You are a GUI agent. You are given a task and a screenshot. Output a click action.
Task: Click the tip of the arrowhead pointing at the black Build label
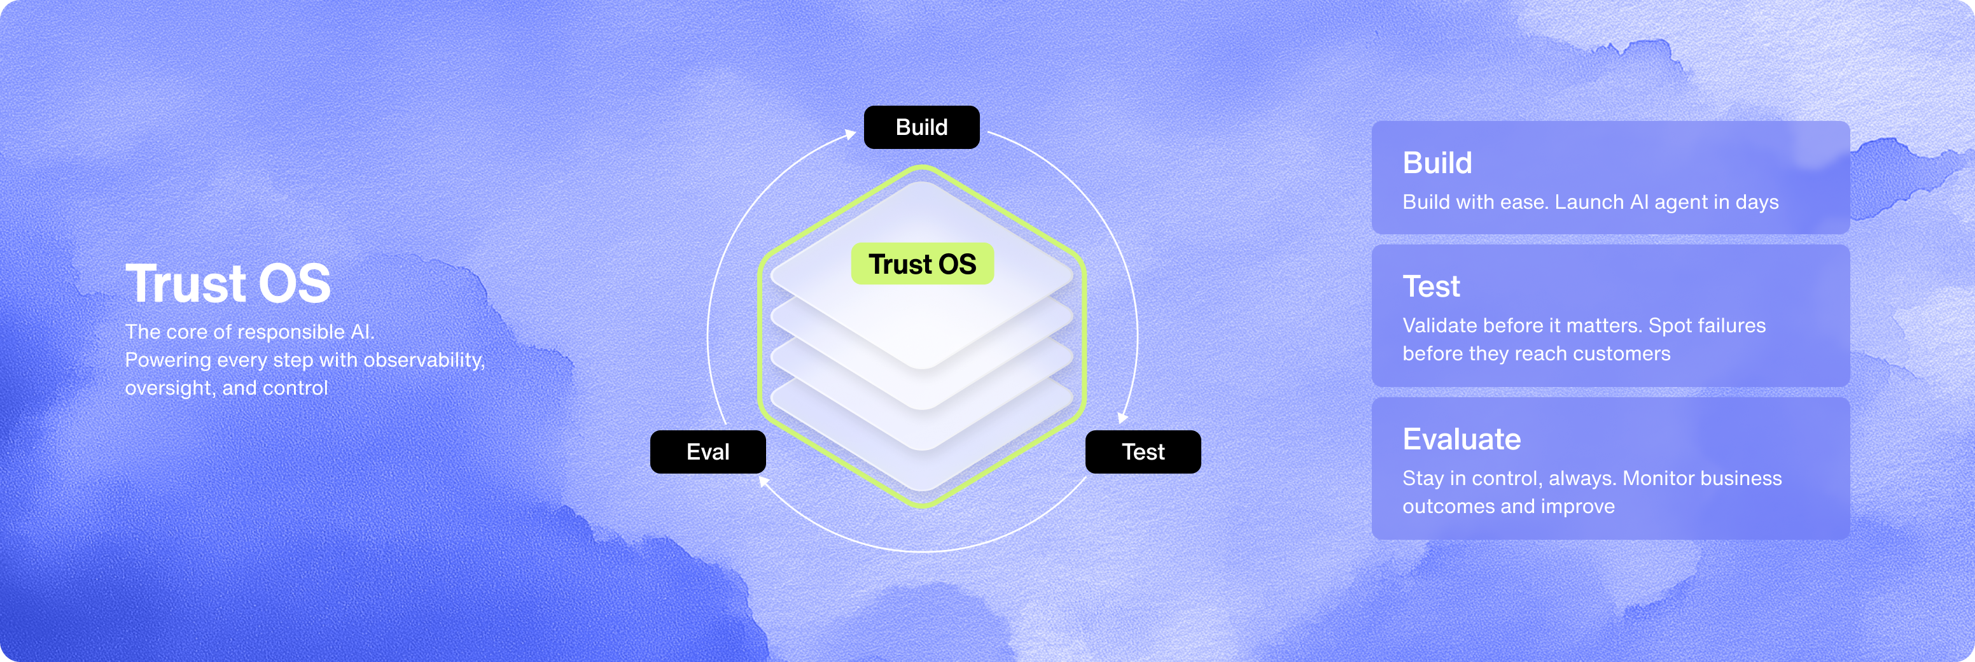click(x=856, y=132)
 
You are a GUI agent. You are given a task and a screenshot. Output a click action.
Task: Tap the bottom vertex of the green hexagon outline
click(x=923, y=506)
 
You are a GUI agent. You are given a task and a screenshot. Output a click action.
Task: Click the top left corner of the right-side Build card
click(x=1372, y=121)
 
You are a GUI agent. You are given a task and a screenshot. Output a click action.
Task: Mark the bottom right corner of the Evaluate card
click(x=1849, y=539)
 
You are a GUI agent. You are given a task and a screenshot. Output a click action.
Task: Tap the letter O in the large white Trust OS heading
click(x=279, y=284)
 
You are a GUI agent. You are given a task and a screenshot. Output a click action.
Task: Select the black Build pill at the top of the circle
click(x=921, y=127)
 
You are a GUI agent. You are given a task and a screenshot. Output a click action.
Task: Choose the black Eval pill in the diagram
click(x=708, y=452)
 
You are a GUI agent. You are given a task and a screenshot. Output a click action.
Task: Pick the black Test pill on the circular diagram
click(x=1143, y=452)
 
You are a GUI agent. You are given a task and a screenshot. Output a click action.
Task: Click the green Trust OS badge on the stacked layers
click(x=923, y=264)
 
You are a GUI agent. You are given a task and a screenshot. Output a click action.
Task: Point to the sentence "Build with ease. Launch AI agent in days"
click(x=1590, y=202)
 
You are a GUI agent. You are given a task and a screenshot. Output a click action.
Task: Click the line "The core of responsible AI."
click(x=249, y=332)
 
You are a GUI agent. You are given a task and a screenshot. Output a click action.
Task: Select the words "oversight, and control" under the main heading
click(x=226, y=388)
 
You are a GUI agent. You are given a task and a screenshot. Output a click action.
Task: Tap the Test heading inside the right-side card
click(x=1430, y=287)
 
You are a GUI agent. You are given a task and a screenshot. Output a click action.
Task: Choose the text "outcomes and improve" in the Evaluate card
click(x=1508, y=506)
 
